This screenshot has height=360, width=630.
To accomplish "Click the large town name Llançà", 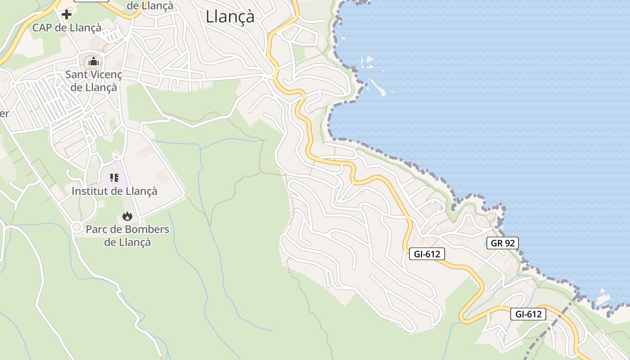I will click(x=230, y=17).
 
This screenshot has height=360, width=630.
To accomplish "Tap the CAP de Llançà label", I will click(x=67, y=27).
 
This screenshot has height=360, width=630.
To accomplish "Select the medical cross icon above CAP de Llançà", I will click(x=67, y=14).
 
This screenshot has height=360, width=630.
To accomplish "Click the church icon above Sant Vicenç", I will click(x=94, y=61).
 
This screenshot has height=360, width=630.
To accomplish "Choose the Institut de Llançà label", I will click(x=114, y=191).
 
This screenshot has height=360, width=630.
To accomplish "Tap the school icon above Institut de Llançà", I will click(x=114, y=177).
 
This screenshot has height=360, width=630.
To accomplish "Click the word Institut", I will click(x=90, y=191).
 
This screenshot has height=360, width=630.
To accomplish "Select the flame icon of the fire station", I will click(x=127, y=216).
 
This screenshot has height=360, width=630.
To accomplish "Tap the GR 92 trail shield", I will click(x=503, y=243).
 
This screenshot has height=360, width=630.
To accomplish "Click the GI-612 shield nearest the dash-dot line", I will click(x=528, y=314).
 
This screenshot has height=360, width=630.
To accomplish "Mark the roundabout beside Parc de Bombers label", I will click(x=76, y=227).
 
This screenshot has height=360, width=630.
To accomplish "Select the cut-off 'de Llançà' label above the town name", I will click(x=150, y=5).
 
